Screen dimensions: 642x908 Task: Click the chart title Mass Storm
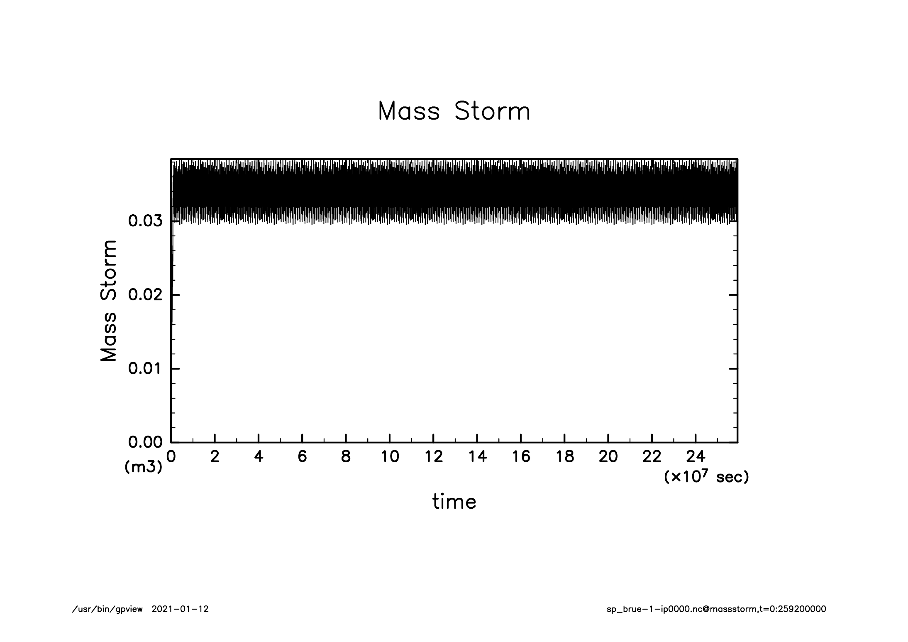[454, 111]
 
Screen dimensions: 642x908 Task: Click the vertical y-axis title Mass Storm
[109, 300]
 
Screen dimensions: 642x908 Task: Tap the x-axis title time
[454, 502]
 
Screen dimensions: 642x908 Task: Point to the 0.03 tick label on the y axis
[145, 221]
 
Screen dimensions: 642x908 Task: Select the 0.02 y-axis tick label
[145, 295]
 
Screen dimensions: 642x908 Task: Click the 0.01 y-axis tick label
[145, 369]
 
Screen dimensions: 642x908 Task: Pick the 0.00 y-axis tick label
[145, 443]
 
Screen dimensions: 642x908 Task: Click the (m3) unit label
[143, 468]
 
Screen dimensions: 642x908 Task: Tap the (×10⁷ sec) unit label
[706, 477]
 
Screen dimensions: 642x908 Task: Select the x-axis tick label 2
[215, 457]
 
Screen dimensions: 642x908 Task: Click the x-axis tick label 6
[302, 457]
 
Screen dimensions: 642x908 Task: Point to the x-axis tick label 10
[390, 457]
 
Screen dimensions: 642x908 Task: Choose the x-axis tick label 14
[477, 457]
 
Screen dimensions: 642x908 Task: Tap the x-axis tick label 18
[564, 457]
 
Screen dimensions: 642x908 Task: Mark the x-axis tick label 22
[652, 457]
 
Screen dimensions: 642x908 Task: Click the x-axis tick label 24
[696, 457]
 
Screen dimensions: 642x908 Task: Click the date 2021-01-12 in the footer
[180, 609]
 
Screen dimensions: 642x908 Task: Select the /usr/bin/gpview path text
[107, 609]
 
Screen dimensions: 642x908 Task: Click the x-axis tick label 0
[171, 457]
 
